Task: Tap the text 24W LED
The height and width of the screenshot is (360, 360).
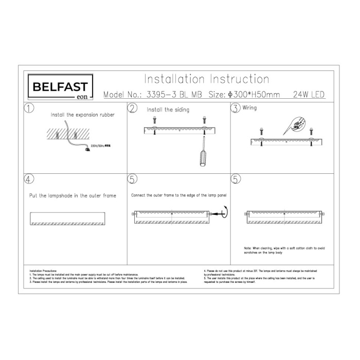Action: click(309, 95)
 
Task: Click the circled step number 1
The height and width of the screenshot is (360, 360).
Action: click(29, 108)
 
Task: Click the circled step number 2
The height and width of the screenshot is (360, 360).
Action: click(133, 108)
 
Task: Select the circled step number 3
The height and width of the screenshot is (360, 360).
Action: click(236, 108)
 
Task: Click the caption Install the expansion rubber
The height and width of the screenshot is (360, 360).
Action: click(82, 115)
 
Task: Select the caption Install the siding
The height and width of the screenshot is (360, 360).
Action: click(168, 110)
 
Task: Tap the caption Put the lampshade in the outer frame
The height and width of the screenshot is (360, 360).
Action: click(71, 195)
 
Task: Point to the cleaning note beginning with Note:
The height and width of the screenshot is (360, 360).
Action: click(284, 250)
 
